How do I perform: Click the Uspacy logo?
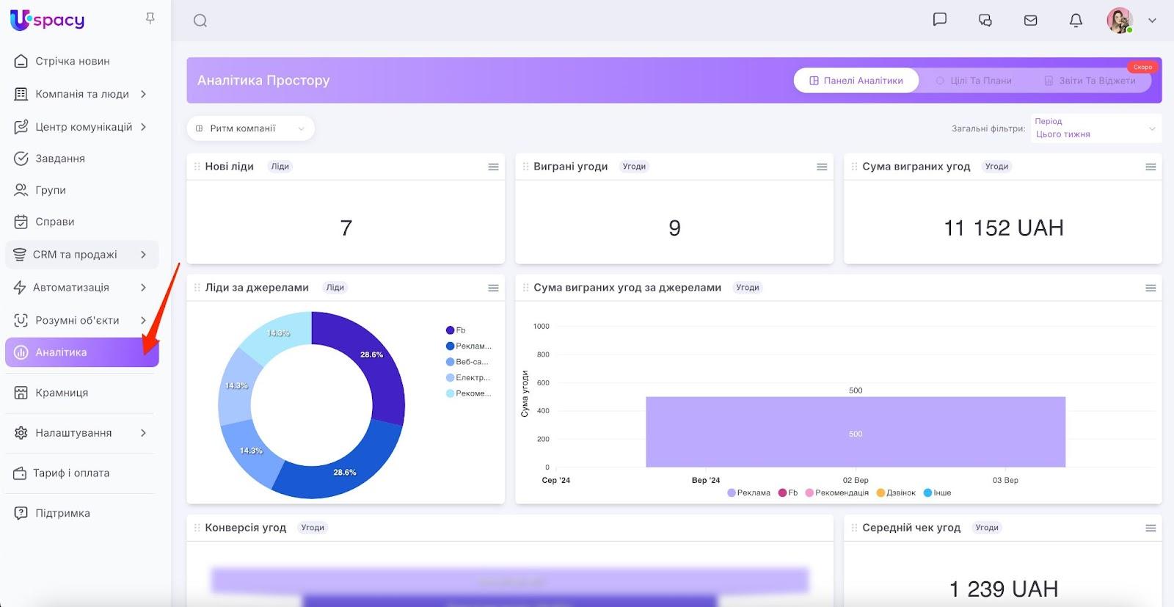point(48,20)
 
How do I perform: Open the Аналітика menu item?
point(62,352)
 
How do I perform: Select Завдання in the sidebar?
point(60,159)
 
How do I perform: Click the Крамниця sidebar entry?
point(62,393)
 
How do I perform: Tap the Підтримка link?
point(62,513)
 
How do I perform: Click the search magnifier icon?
point(200,21)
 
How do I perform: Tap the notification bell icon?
point(1076,21)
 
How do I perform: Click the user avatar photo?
point(1119,21)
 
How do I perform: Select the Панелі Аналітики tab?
point(856,81)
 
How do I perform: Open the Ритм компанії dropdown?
point(250,128)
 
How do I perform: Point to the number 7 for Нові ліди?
point(346,228)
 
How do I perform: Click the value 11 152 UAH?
point(1003,228)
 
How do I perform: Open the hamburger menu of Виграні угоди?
point(822,167)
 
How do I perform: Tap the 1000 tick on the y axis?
point(542,326)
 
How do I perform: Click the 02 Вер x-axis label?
point(856,480)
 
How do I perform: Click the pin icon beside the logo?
point(150,18)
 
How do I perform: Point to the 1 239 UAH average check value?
point(1003,589)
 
